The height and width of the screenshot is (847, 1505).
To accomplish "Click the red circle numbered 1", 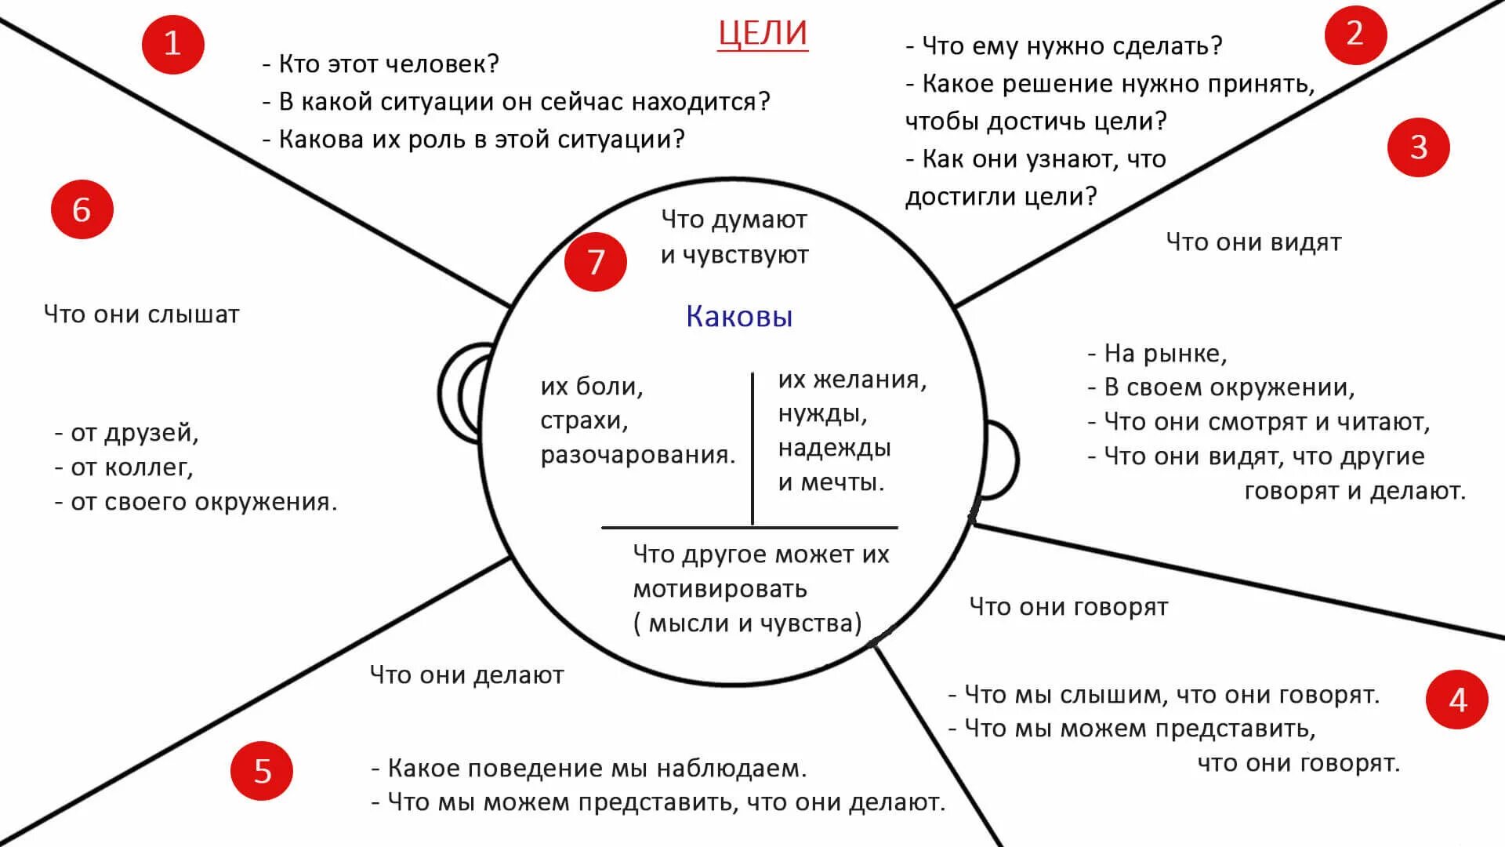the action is pos(172,43).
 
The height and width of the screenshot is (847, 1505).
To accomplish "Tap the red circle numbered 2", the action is pos(1355,34).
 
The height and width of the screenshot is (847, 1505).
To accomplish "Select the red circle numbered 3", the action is pos(1418,147).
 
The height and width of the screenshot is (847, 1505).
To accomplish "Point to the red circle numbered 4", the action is pos(1456,700).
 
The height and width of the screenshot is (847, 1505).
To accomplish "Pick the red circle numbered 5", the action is pos(262,771).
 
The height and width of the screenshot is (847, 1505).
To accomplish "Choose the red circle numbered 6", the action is pos(82,210).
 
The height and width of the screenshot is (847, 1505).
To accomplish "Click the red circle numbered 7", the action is pos(596,262).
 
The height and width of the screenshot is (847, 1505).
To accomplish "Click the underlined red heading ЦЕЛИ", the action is pos(763,34).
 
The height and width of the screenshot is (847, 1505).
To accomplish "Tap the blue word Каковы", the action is pos(739,316).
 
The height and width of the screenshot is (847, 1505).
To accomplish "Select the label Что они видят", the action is pos(1253,242).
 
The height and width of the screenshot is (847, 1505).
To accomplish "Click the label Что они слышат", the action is pos(142,314).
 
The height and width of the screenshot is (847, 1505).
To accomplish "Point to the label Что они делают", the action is pos(466,675).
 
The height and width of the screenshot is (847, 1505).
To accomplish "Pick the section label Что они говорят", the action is pos(1068,607).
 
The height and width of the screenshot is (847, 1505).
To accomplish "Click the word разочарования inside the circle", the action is pos(637,455).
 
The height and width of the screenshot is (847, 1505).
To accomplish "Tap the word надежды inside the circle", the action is pos(834,448).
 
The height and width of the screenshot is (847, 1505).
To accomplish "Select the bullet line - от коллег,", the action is pos(124,467).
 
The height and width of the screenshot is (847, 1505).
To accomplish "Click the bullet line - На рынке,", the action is pos(1157,354).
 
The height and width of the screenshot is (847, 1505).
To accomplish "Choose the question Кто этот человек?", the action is pos(381,64).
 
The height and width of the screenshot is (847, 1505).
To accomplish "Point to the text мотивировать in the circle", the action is pos(720,588).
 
